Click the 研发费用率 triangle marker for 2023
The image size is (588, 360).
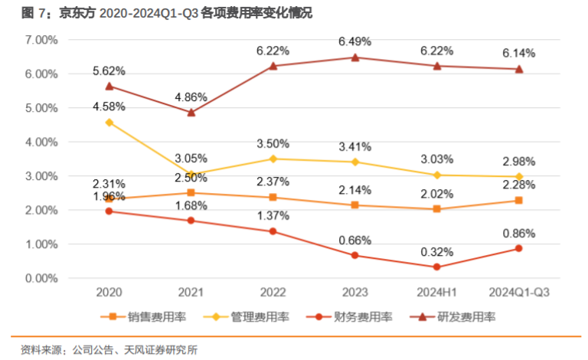(354, 57)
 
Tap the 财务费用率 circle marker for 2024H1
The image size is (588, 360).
(437, 267)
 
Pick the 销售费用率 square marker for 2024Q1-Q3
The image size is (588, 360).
(519, 201)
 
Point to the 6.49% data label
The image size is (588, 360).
(354, 41)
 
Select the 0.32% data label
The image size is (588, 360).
(437, 250)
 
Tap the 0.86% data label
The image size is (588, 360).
(519, 233)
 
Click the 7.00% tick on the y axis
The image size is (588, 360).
(41, 40)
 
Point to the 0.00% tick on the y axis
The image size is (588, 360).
(41, 278)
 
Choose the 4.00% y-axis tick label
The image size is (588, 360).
(41, 142)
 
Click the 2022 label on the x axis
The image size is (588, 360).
(273, 292)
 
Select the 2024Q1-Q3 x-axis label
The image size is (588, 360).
(519, 292)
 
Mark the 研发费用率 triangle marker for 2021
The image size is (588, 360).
(191, 112)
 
